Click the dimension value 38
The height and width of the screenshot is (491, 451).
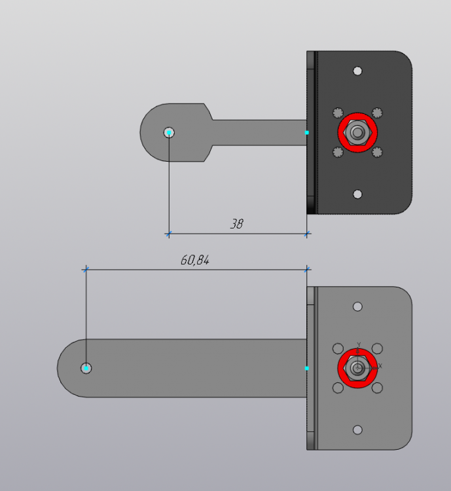point(236,224)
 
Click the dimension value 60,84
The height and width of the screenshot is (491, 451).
point(194,260)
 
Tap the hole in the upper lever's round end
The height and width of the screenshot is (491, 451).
point(169,132)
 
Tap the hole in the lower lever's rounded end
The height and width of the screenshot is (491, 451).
point(86,368)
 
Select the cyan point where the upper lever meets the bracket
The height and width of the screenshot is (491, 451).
point(307,132)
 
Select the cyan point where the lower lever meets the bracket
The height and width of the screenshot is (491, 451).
point(307,368)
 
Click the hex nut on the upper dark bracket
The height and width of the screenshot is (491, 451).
point(357,132)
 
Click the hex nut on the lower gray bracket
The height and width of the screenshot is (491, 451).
point(357,368)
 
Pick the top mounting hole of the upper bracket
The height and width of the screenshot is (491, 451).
point(357,71)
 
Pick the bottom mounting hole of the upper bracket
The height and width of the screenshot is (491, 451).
point(357,194)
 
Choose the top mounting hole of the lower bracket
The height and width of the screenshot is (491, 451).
point(357,306)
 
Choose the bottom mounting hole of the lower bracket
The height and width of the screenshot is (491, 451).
point(357,429)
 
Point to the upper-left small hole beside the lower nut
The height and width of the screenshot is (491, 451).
point(338,348)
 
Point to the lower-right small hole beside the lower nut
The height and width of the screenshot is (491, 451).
point(377,388)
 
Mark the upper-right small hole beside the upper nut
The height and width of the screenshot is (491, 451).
point(377,113)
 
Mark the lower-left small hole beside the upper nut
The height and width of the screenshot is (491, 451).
point(338,152)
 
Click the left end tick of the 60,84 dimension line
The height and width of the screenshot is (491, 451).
point(85,268)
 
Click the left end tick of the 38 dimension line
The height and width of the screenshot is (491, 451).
point(169,233)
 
